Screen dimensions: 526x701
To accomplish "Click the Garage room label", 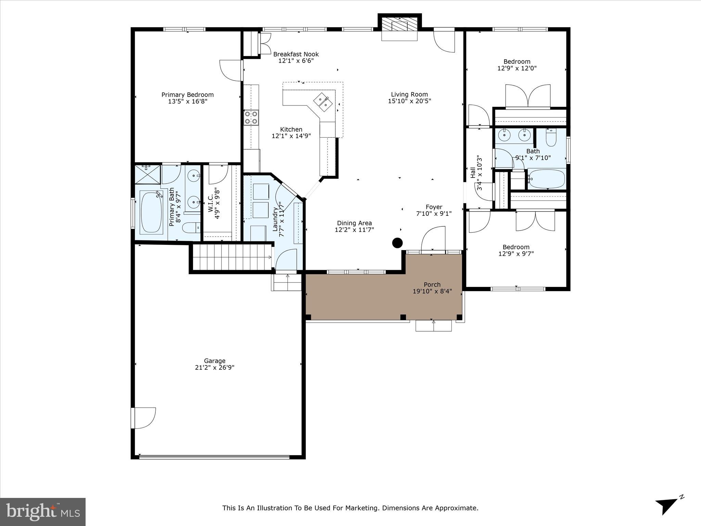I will click(x=214, y=361).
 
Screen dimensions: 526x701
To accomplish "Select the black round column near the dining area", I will click(x=397, y=243).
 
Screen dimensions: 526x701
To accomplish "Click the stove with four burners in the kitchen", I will click(x=251, y=117).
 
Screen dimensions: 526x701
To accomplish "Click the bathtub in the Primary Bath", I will click(x=151, y=213).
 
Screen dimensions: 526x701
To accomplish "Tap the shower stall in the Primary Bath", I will click(x=148, y=174).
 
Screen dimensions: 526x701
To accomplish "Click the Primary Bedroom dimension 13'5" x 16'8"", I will click(x=188, y=101).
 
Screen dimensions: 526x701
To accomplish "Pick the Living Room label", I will click(x=409, y=94).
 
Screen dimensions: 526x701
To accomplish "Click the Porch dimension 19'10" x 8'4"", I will click(x=432, y=291).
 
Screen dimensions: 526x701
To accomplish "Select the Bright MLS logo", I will click(x=43, y=512).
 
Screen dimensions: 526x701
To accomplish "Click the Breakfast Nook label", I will click(x=296, y=54).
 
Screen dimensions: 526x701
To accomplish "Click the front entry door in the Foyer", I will click(x=433, y=240).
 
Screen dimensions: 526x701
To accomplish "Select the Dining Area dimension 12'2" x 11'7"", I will click(x=354, y=229).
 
